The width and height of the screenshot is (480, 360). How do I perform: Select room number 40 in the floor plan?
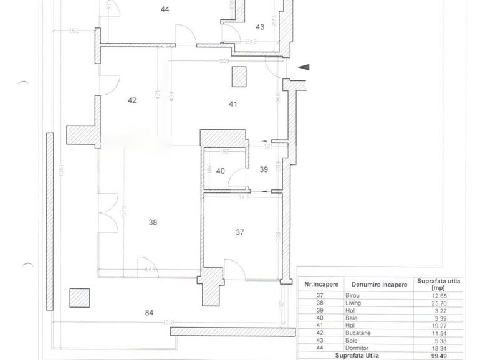click(221, 172)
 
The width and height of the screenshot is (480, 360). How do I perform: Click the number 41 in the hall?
click(233, 104)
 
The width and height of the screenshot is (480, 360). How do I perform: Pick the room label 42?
click(132, 100)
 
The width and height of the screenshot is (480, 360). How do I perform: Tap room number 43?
click(259, 27)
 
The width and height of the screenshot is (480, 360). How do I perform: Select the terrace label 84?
click(150, 313)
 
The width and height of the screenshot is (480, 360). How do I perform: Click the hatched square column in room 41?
click(238, 77)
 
